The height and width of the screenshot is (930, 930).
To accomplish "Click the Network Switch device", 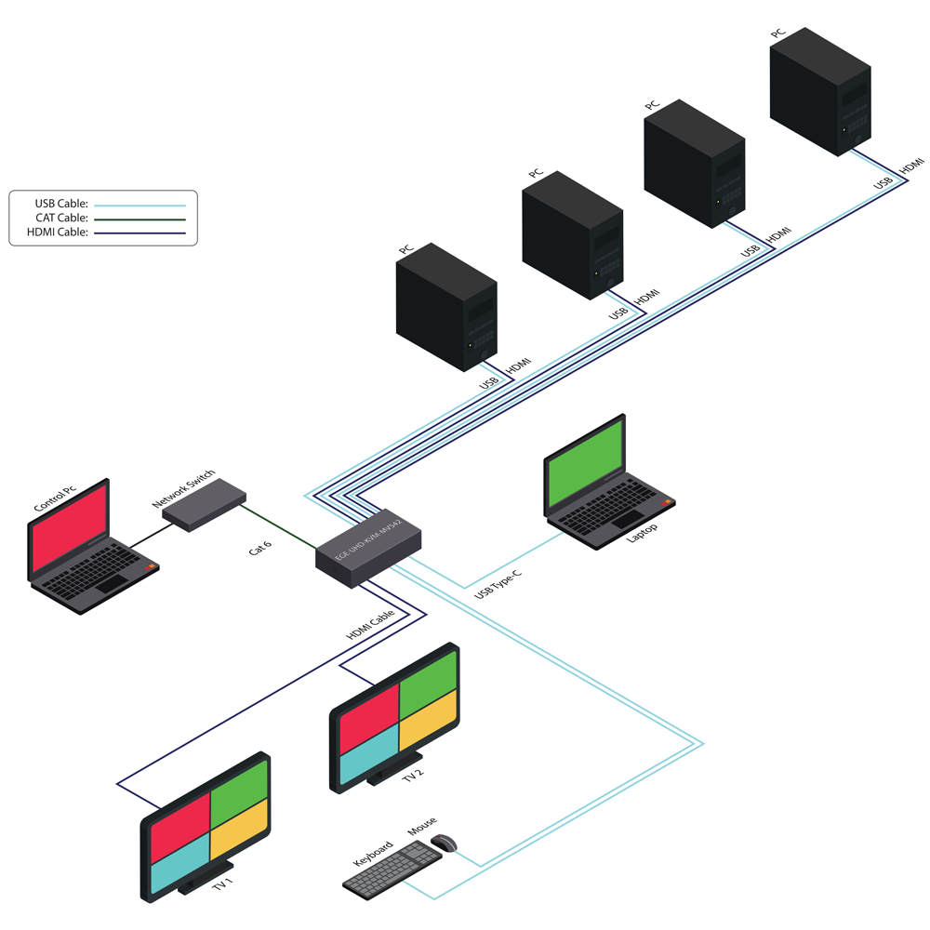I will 204,505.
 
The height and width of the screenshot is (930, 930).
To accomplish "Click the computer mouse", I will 444,843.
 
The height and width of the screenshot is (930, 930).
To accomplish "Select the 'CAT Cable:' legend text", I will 61,218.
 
